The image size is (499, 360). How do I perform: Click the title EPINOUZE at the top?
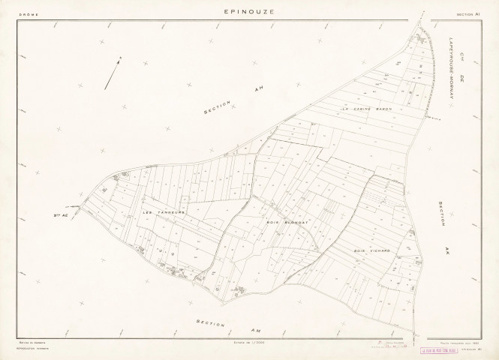click(x=249, y=12)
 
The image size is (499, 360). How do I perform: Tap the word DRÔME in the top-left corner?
click(x=28, y=13)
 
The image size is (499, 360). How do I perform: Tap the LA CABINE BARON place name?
click(x=367, y=109)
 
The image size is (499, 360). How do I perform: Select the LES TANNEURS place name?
click(x=163, y=211)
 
